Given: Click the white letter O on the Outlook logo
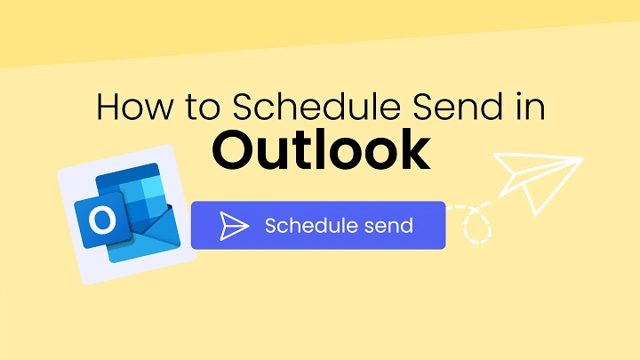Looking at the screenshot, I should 103,219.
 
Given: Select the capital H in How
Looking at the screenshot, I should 108,108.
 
